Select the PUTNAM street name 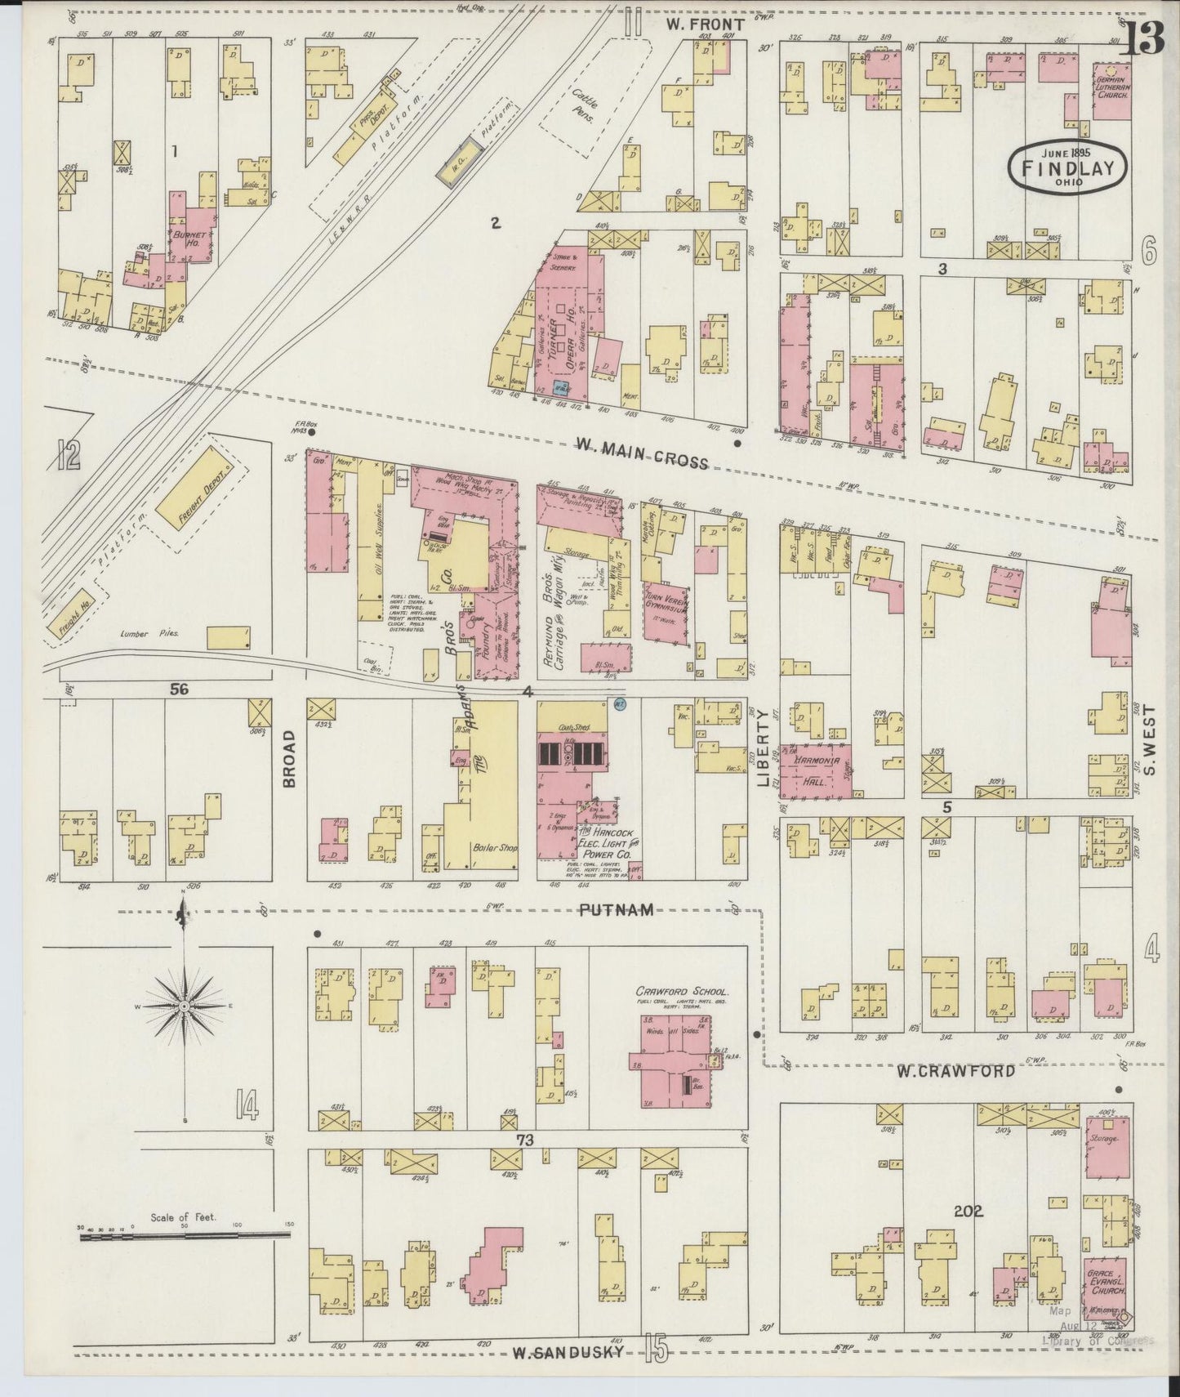click(x=618, y=909)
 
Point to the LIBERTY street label click(x=764, y=748)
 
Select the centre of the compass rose click(x=185, y=1006)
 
